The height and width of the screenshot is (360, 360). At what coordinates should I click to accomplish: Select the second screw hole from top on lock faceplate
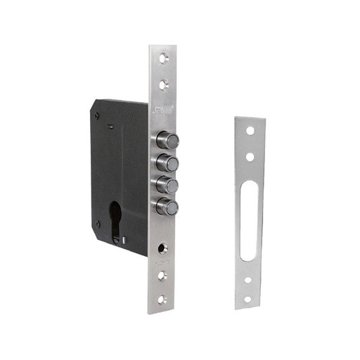tap(162, 85)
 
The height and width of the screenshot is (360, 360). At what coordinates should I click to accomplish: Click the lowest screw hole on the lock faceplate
tap(162, 299)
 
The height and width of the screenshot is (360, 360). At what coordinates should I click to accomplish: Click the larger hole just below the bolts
tap(162, 250)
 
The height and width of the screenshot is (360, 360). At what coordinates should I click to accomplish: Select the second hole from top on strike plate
tap(249, 156)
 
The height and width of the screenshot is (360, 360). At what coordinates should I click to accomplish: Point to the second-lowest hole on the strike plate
tap(248, 279)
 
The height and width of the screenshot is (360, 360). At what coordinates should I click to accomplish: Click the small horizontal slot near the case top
tap(111, 127)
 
